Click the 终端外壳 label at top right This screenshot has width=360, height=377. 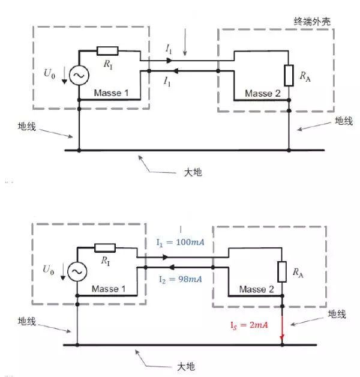(x=312, y=22)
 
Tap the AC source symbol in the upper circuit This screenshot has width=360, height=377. (x=79, y=75)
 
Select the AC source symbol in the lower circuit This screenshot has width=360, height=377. (x=77, y=272)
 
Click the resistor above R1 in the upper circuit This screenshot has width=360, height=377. (x=107, y=51)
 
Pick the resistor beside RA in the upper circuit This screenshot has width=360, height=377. (x=289, y=76)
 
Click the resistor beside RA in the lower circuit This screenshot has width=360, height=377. (x=282, y=272)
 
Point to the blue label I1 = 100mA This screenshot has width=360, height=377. (x=180, y=242)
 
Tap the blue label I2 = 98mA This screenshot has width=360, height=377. (x=180, y=279)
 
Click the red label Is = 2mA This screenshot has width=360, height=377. (x=249, y=325)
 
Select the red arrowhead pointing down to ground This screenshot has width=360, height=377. (x=282, y=337)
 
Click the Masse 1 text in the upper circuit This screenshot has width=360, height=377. (x=111, y=93)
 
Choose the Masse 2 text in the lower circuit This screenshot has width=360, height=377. (x=256, y=289)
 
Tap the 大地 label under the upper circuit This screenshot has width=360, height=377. (x=193, y=172)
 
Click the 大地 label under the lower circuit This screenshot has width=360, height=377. (x=186, y=367)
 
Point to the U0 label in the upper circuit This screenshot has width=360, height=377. (x=50, y=73)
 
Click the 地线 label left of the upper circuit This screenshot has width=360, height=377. (x=26, y=127)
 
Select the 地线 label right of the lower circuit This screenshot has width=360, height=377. (x=337, y=314)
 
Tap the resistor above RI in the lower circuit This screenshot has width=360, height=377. (x=105, y=248)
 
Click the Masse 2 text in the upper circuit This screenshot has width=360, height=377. (x=263, y=93)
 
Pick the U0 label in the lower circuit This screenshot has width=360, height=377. (x=49, y=270)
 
